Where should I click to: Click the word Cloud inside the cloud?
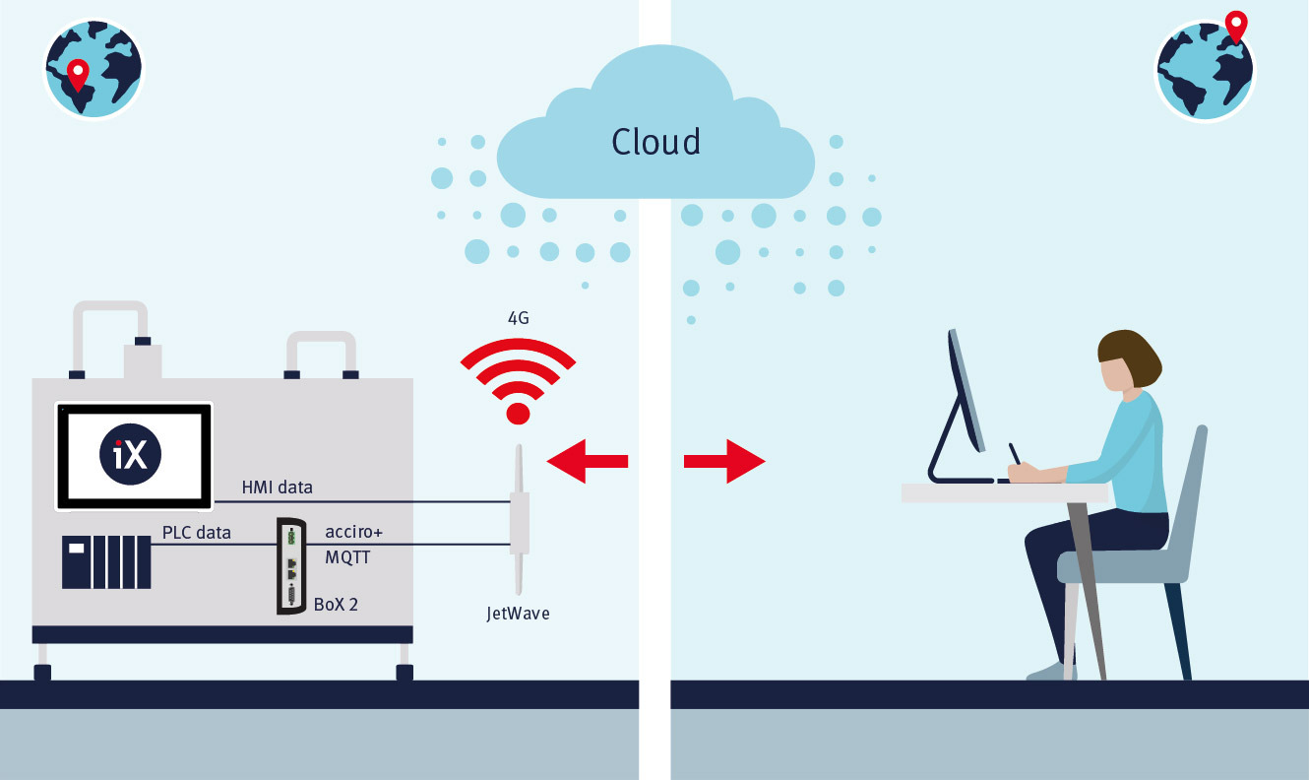point(655,142)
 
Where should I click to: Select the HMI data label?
point(278,487)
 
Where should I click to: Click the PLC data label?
point(197,533)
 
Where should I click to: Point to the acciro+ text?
point(353,532)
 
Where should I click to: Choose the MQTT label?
point(349,556)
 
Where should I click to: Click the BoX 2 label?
point(336,604)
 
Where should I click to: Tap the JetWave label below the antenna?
point(518,614)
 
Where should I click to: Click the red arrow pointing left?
point(588,460)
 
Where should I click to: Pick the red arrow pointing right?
point(724,460)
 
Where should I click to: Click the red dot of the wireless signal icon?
point(518,413)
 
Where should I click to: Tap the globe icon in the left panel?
point(93,69)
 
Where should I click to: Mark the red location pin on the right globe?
point(1235,26)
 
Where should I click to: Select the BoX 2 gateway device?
point(291,566)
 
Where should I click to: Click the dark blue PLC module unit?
point(106,561)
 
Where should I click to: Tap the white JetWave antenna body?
point(519,522)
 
